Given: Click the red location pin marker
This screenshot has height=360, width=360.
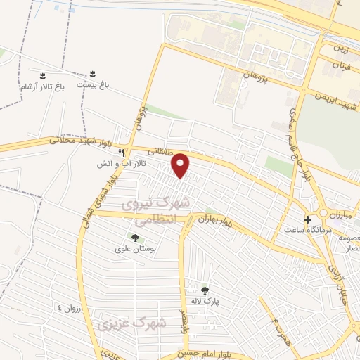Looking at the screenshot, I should (x=181, y=165).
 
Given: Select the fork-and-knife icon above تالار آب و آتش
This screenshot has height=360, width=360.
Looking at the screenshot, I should (x=122, y=153).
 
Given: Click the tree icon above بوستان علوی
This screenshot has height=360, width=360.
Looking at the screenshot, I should (x=135, y=237).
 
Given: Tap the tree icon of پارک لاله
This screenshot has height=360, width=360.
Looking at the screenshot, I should (x=205, y=290).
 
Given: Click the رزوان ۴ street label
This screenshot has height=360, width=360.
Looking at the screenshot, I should (x=70, y=309).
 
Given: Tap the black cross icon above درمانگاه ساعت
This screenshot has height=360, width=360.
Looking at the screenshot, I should (x=307, y=219).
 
